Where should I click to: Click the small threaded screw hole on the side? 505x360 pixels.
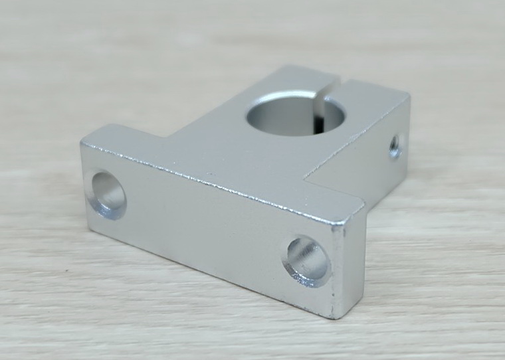coord(395,145)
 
